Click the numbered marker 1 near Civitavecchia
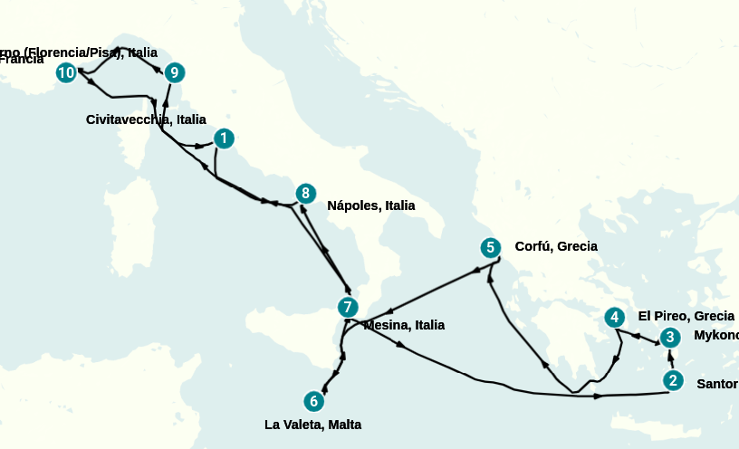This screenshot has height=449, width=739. (224, 139)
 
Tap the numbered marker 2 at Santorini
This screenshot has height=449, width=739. (672, 380)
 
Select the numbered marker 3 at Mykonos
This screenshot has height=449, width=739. (669, 338)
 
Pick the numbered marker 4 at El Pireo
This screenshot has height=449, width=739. (615, 317)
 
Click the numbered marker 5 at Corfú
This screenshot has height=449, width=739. (490, 247)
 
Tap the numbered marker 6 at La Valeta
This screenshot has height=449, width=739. (313, 400)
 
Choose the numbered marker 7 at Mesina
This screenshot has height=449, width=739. (347, 307)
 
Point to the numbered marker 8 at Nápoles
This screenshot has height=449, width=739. (306, 193)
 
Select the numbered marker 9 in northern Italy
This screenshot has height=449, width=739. (175, 72)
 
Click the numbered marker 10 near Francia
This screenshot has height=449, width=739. (66, 72)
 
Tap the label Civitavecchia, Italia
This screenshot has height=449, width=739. (146, 119)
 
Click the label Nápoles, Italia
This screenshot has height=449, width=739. (370, 205)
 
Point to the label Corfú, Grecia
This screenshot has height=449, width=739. (555, 246)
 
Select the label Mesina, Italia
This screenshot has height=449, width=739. (404, 325)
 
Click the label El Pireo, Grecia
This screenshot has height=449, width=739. (686, 316)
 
